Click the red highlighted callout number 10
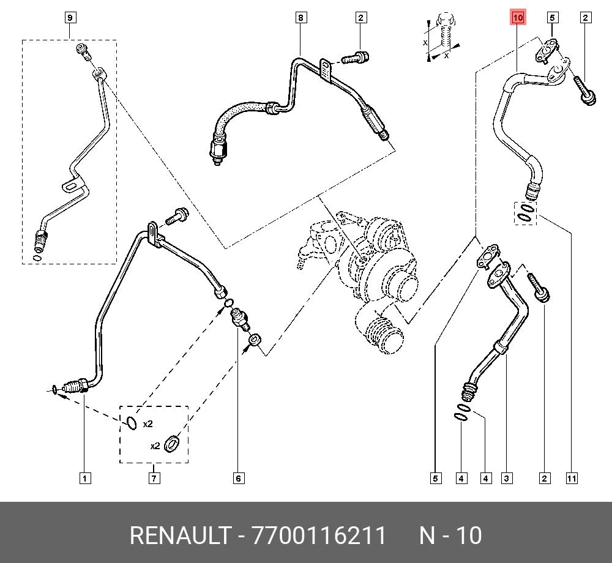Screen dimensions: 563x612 click(x=518, y=18)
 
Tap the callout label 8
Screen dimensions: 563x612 click(x=300, y=18)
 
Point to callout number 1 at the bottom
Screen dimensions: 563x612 click(x=85, y=478)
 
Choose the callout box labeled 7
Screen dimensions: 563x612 click(x=154, y=478)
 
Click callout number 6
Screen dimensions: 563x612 click(x=239, y=478)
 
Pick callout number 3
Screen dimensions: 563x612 click(x=507, y=478)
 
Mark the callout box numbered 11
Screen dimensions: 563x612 click(x=571, y=478)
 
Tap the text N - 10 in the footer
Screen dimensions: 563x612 click(x=450, y=536)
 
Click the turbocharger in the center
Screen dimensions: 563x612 click(x=367, y=269)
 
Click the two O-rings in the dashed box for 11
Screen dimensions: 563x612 click(x=526, y=214)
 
